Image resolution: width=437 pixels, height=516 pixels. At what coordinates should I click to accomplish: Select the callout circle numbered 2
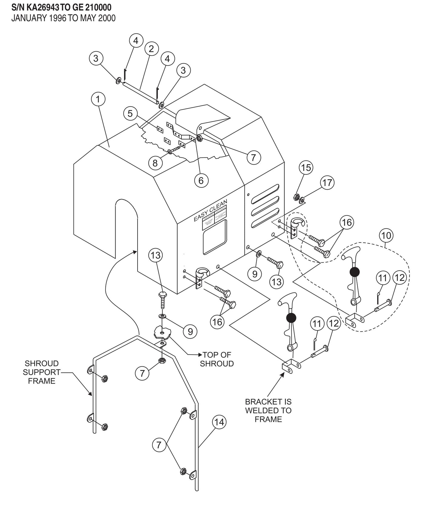pos(151,49)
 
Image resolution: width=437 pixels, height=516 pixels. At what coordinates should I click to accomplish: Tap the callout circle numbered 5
pos(130,114)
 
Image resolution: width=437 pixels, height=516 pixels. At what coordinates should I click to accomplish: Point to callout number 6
pos(201,180)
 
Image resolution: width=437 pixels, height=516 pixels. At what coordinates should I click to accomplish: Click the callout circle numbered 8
pos(155,163)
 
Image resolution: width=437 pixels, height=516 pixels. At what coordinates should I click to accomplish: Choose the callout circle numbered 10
pos(386,235)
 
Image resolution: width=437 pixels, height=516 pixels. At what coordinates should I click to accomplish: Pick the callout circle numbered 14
pos(219,422)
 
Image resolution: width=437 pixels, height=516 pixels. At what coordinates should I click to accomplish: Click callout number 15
pos(306,167)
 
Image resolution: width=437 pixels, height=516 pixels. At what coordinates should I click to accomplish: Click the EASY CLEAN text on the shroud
pos(210,210)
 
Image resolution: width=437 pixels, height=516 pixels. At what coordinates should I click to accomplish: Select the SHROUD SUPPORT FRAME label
pos(42,372)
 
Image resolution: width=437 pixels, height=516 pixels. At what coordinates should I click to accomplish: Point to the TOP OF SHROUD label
pos(217,359)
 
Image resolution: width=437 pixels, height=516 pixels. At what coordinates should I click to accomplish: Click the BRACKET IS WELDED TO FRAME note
pos(268,411)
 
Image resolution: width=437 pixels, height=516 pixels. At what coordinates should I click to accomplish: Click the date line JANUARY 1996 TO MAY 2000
pos(63,18)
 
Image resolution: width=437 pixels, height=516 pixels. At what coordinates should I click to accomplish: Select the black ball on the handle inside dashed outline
pos(354,272)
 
